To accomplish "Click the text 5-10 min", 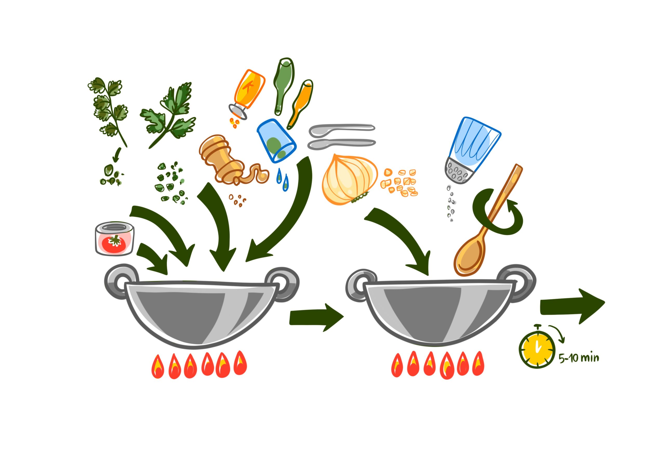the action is (x=578, y=358).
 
